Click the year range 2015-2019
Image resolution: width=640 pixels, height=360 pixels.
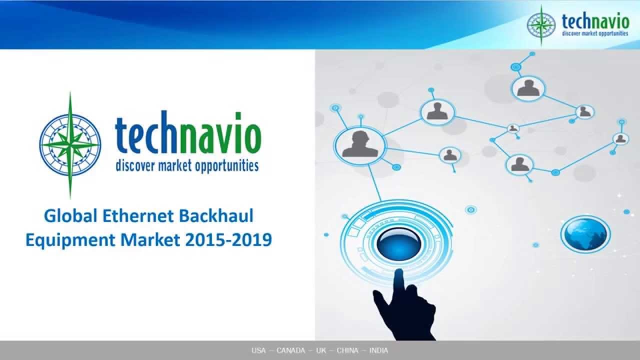228,240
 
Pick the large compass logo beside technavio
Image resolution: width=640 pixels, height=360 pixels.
70,145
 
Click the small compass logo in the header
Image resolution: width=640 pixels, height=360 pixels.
541,24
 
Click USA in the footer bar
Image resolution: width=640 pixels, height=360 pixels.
258,350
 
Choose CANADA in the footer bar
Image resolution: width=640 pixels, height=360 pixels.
290,350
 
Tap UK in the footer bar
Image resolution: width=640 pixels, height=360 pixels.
321,350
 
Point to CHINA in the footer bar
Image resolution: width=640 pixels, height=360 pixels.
347,350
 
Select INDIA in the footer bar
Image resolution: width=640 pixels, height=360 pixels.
378,350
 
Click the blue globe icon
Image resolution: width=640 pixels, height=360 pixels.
585,233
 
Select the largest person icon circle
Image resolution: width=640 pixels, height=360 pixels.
360,144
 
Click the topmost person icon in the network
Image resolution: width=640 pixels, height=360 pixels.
528,88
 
